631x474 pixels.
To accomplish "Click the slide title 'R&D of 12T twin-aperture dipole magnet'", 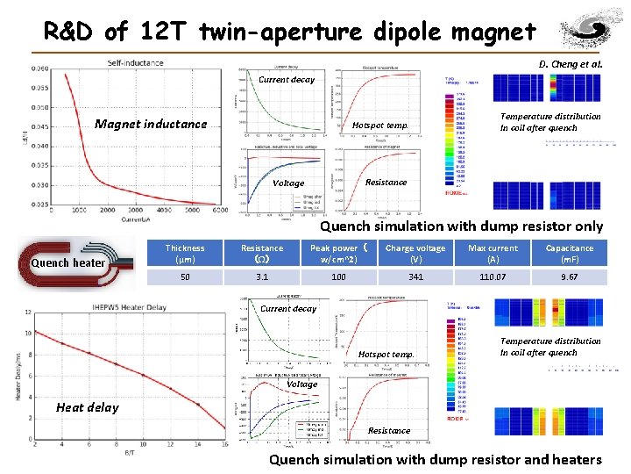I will pos(290,32).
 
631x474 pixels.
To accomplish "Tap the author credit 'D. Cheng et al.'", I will pos(571,64).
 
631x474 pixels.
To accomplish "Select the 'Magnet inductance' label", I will pos(151,124).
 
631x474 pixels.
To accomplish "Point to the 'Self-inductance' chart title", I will pos(135,62).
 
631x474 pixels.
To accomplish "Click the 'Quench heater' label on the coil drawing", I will pos(68,262).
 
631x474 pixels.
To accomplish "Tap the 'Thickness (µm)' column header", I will pos(185,254).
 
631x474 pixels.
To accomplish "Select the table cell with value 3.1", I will pos(262,276).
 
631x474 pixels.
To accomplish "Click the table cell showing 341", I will pos(415,276).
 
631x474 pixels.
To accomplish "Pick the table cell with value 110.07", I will pos(493,276).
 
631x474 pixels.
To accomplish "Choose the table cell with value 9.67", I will pos(569,276).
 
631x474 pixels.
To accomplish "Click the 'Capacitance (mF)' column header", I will pos(569,254).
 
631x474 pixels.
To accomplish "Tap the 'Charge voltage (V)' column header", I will pos(415,254).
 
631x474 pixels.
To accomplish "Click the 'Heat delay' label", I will pos(88,406).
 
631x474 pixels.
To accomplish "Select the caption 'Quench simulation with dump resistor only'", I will pos(461,226).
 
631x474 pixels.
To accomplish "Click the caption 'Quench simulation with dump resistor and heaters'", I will pos(436,459).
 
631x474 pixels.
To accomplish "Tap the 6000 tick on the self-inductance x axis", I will pos(220,211).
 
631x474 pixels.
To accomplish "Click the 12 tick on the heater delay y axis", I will pos(28,312).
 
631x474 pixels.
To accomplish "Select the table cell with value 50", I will pos(185,276).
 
